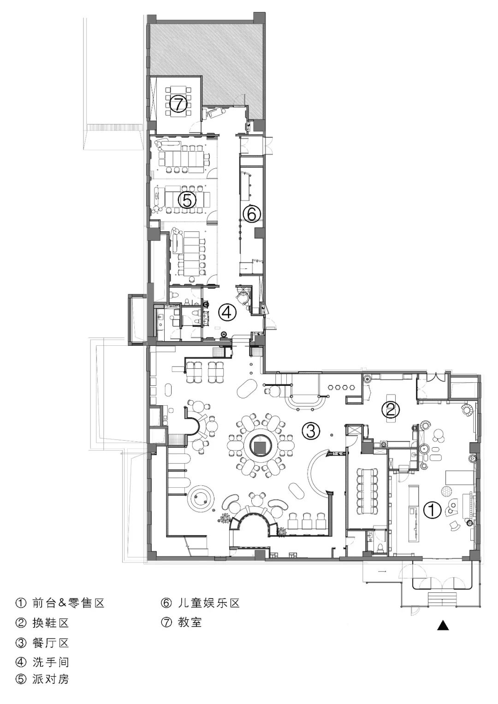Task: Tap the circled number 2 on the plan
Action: (x=391, y=409)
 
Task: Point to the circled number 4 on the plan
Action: (x=227, y=312)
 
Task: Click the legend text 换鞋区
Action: (x=50, y=622)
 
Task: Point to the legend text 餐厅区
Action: (x=50, y=643)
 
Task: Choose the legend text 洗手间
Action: (x=50, y=662)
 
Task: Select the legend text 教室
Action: (x=190, y=622)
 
